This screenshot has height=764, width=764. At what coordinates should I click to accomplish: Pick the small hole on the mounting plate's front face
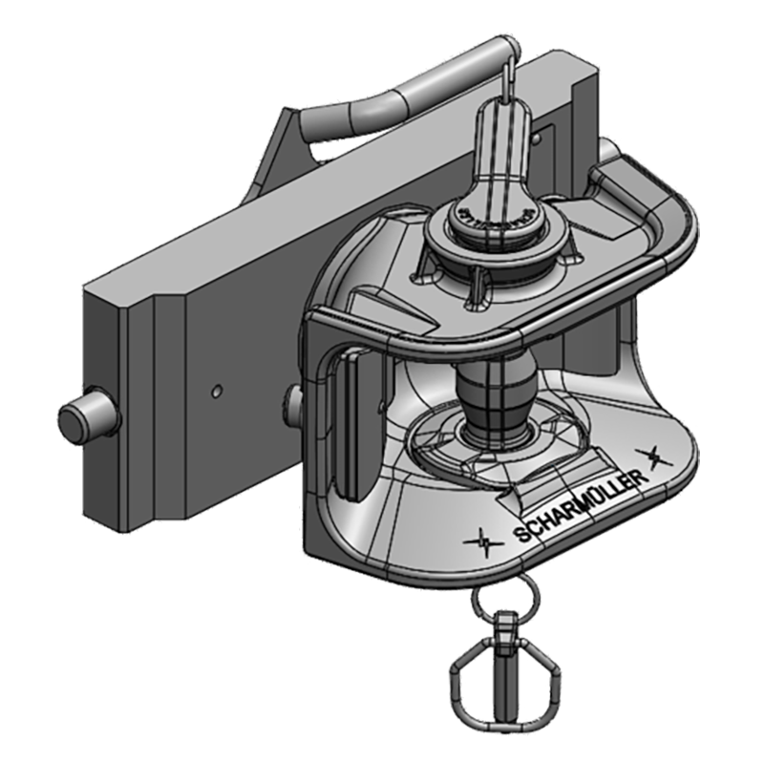coord(218,390)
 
